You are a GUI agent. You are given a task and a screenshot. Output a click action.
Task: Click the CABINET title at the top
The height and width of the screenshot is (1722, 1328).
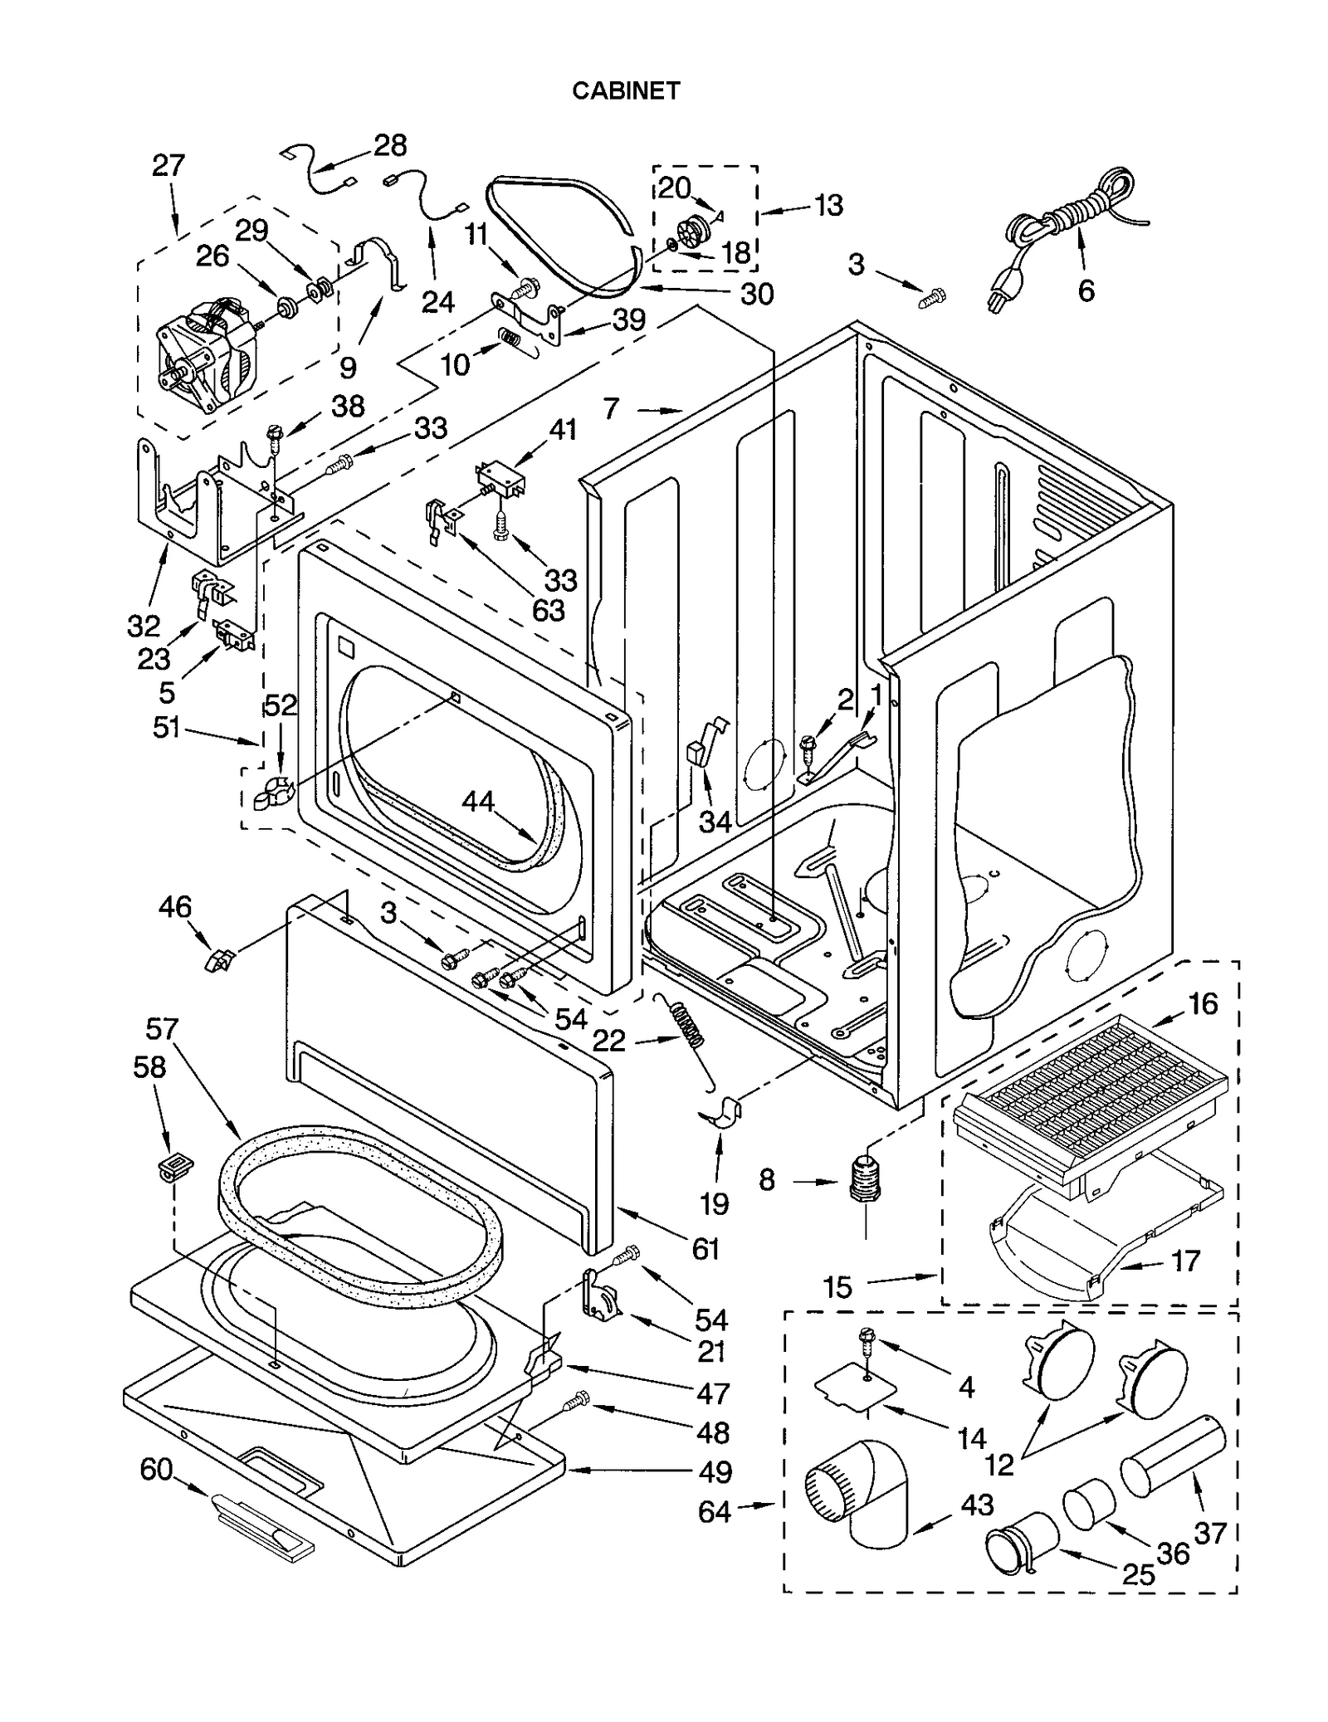click(x=626, y=90)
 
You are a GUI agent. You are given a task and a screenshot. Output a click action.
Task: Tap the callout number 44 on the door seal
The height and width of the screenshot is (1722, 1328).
click(x=478, y=802)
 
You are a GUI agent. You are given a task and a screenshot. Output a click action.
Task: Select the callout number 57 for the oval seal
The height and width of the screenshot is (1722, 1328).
click(x=162, y=1029)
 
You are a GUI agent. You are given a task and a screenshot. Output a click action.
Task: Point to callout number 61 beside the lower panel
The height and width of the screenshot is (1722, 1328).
click(x=705, y=1248)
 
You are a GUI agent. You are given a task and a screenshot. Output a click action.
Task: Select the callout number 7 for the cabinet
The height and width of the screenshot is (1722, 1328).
click(x=612, y=408)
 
